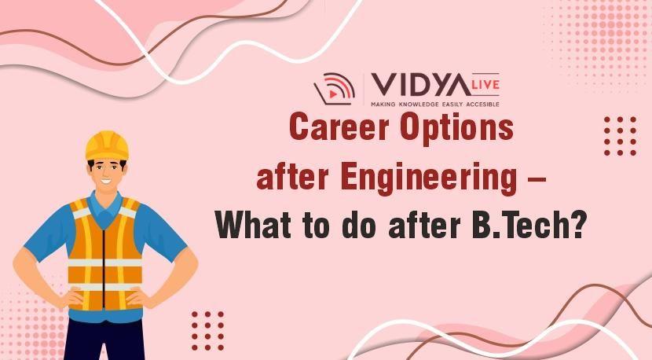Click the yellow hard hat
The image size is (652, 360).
coord(108,145)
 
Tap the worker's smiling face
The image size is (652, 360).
coord(107,174)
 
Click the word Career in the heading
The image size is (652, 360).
coord(339,127)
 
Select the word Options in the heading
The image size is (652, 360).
coord(456,129)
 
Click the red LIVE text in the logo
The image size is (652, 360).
coord(485,84)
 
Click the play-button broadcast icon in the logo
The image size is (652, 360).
coord(335,89)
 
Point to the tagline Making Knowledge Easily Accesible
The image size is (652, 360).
coord(435,105)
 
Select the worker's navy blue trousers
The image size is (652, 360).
coord(104,340)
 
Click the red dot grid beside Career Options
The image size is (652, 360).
coord(620,136)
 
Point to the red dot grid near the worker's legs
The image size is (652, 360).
coord(207,330)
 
